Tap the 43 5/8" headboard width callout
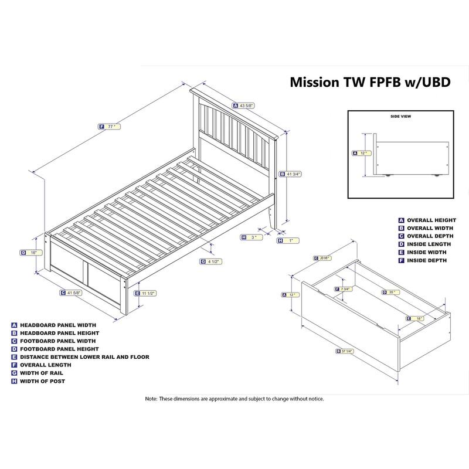click(246, 106)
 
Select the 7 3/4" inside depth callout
click(345, 289)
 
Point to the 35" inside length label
click(392, 292)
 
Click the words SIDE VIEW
click(401, 117)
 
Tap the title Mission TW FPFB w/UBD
click(371, 83)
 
